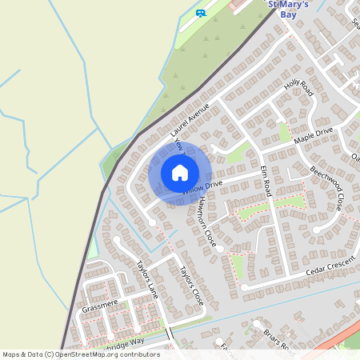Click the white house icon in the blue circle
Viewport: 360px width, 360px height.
(180, 173)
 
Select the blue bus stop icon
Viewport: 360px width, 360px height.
(200, 13)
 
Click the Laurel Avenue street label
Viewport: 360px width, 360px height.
(190, 118)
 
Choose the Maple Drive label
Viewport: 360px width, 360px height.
(313, 135)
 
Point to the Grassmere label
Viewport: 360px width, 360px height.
(100, 305)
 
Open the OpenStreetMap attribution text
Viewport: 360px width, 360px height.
(80, 354)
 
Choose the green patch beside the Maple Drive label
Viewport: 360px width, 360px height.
(285, 132)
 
